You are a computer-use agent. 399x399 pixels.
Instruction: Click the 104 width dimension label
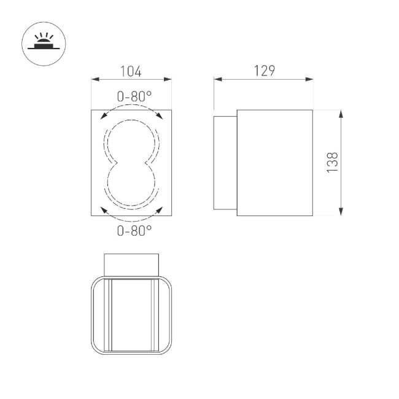pos(131,71)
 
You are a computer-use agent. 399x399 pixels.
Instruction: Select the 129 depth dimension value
pos(264,71)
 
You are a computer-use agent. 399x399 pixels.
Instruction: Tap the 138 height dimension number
pos(333,163)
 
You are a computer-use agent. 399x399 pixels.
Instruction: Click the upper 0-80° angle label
pos(134,96)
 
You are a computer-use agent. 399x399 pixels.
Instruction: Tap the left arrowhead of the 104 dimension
pos(94,79)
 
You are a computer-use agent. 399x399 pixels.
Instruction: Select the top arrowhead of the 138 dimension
pos(341,114)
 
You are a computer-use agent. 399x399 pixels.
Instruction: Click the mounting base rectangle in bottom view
pos(131,264)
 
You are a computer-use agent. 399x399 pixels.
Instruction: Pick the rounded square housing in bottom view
pos(131,316)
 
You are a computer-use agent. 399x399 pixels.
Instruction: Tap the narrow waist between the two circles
pos(131,162)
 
